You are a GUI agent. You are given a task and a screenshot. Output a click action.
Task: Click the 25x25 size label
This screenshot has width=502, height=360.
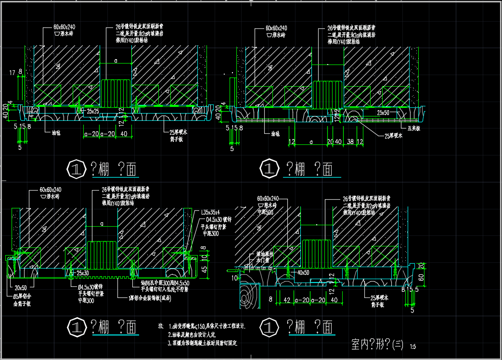pyautogui.click(x=93, y=111)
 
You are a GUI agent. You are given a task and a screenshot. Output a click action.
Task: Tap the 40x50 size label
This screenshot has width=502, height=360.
pyautogui.click(x=303, y=273)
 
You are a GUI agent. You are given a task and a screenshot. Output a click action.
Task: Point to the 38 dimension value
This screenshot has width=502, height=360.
pyautogui.click(x=351, y=141)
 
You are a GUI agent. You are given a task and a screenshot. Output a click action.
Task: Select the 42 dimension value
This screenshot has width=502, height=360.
pyautogui.click(x=287, y=300)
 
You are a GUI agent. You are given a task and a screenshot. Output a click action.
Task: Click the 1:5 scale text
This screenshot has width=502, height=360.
pyautogui.click(x=413, y=346)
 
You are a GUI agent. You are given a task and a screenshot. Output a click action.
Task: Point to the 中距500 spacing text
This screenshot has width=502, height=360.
pyautogui.click(x=266, y=212)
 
